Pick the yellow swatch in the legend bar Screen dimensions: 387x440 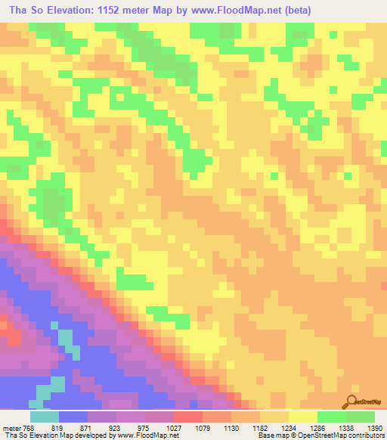point(302,416)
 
